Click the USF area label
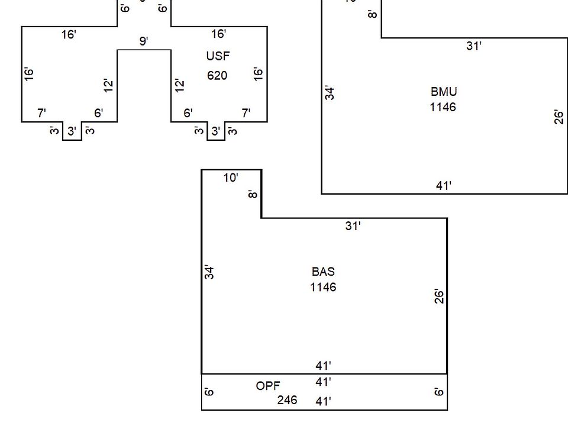point(218,56)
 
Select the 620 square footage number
point(217,76)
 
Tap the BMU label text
point(443,92)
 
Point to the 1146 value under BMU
point(443,107)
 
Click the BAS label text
point(323,272)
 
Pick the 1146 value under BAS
point(323,287)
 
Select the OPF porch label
point(268,386)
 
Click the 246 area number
point(287,400)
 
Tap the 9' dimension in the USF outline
point(144,41)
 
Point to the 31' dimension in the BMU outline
point(473,46)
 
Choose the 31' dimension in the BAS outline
point(353,226)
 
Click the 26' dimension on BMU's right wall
point(559,117)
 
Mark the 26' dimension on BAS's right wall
point(439,296)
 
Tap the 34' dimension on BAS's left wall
point(209,272)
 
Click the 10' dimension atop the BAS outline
point(231,177)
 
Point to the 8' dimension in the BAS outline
point(253,193)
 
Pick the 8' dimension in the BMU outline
point(372,14)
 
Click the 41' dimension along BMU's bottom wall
point(444,186)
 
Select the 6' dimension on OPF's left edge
point(209,392)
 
